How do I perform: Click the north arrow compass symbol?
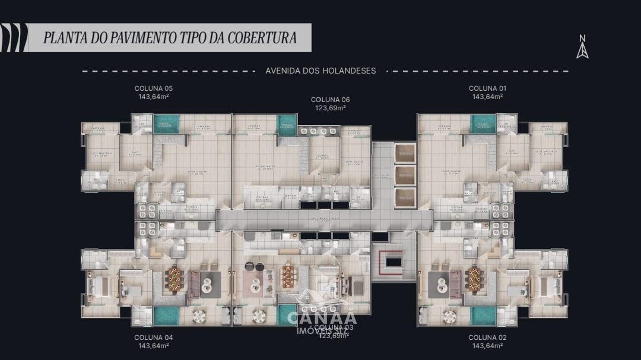tap(582, 47)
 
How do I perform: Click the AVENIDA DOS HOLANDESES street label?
tap(320, 71)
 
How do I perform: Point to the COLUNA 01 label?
tap(487, 88)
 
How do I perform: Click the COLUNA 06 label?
tap(330, 100)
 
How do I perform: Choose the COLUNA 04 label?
tap(154, 337)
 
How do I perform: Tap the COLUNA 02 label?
tap(487, 337)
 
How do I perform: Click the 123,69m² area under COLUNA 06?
tap(330, 108)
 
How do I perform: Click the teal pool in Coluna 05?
tap(166, 123)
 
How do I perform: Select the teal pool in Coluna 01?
tap(483, 123)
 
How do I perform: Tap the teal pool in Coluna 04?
tap(166, 315)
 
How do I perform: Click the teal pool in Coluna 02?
tap(483, 315)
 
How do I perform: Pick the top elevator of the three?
tap(406, 153)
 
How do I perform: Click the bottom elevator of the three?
tap(406, 197)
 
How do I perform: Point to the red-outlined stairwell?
tap(393, 262)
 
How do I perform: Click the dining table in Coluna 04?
tap(174, 279)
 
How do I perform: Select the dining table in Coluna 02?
tap(475, 279)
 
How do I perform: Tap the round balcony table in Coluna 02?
tap(449, 316)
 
